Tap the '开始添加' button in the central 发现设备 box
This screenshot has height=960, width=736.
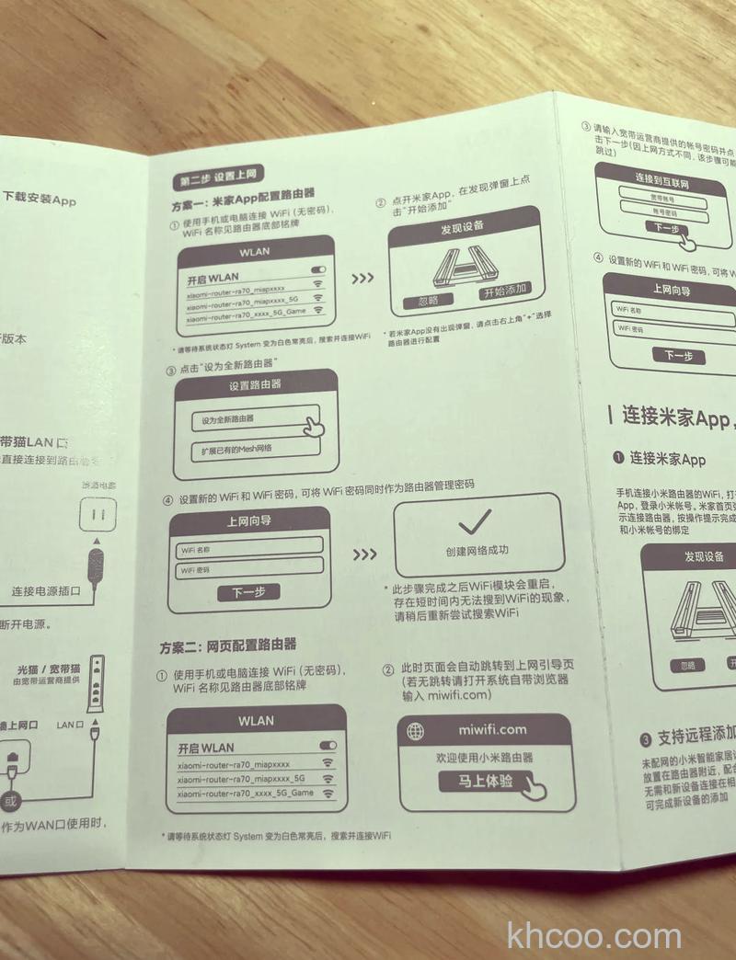tap(505, 291)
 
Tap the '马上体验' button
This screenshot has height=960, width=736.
tap(488, 782)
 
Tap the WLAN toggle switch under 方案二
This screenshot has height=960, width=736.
tap(327, 744)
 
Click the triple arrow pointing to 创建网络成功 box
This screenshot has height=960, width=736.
tap(365, 554)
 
